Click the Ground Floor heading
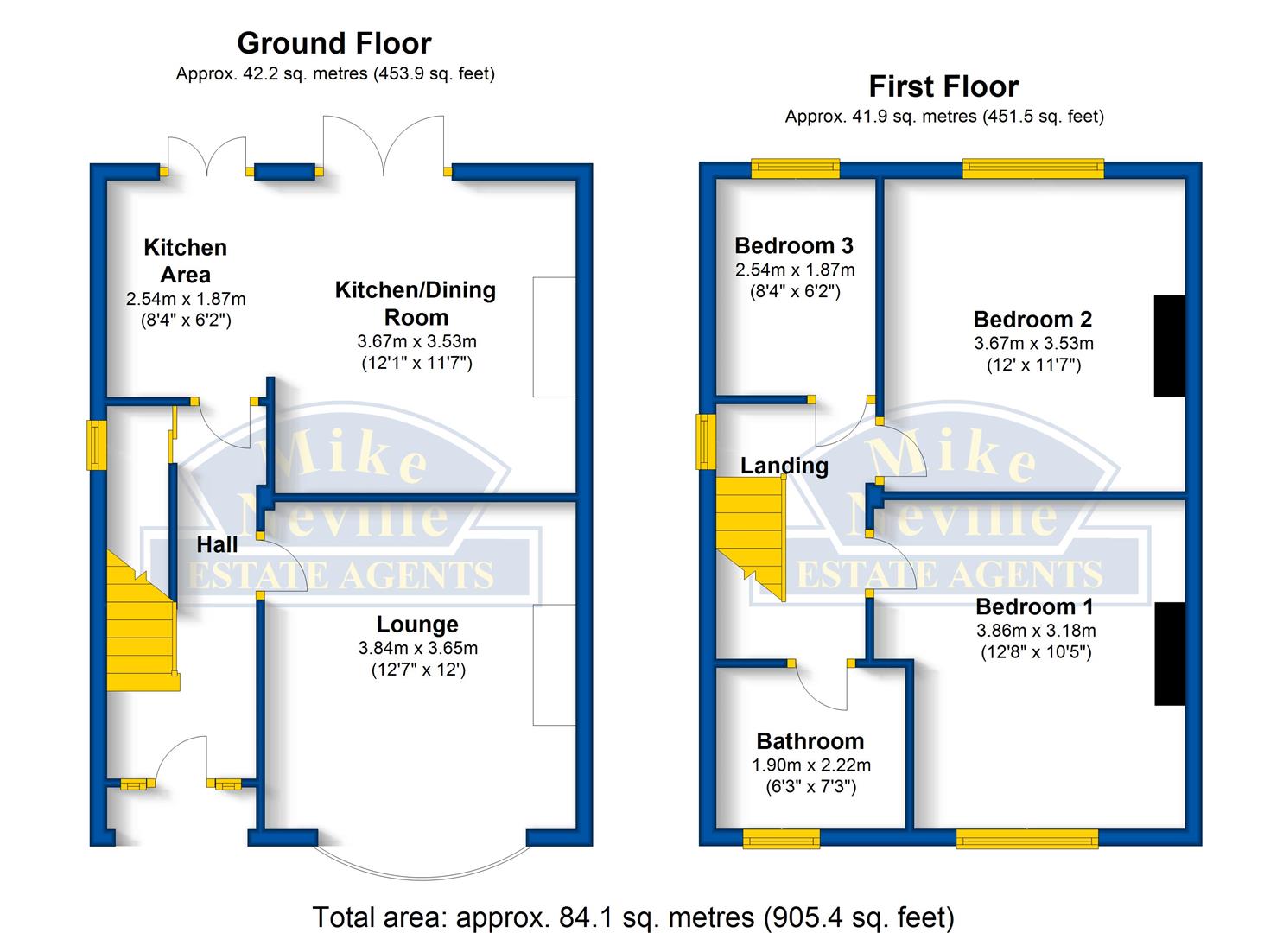[x=333, y=43]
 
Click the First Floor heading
[x=944, y=86]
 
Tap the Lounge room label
[x=417, y=624]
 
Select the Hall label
[x=217, y=544]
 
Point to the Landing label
[x=784, y=466]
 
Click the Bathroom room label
[x=810, y=741]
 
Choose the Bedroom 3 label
[x=794, y=245]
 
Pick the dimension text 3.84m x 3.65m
[x=418, y=648]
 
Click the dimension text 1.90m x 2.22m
[x=811, y=765]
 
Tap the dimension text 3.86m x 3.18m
[x=1036, y=631]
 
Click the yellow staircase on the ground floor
[x=142, y=621]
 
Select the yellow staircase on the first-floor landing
[x=751, y=538]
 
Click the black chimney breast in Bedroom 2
[x=1169, y=346]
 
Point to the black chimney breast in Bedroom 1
[x=1170, y=653]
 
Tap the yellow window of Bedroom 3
[x=796, y=168]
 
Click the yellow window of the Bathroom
[x=781, y=839]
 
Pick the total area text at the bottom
[x=633, y=917]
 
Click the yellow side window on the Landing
[x=706, y=441]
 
